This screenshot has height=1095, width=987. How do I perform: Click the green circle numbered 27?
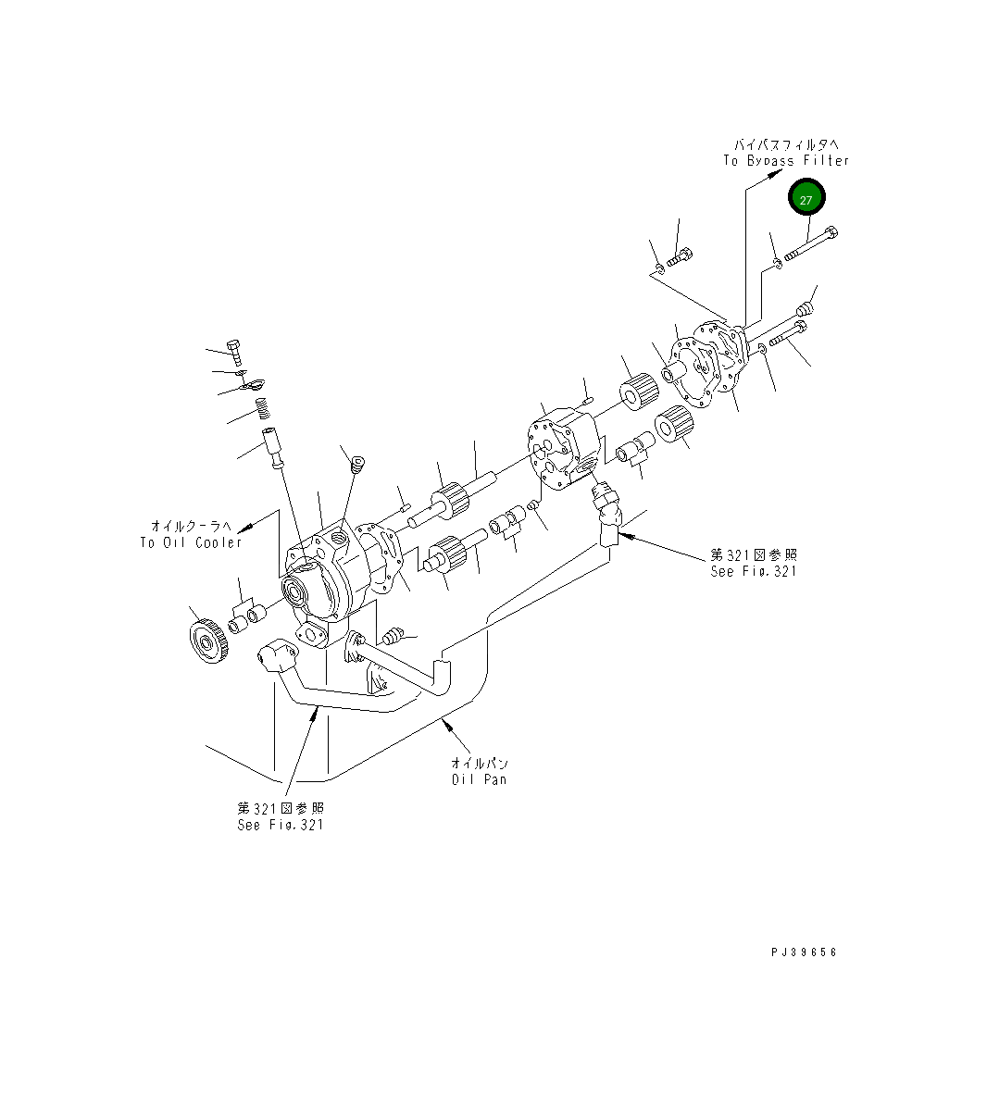coord(806,199)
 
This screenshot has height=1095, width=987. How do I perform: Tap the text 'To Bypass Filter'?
coord(785,161)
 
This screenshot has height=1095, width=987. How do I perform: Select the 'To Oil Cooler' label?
coord(191,542)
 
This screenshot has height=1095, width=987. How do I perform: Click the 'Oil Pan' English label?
coord(479,779)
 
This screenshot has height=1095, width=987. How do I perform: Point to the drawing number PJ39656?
coord(803,952)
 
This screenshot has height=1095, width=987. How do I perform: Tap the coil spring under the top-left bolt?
coord(263,407)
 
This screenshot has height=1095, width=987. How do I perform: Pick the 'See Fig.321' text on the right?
coord(753,571)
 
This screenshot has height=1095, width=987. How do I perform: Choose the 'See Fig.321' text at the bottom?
coord(281,825)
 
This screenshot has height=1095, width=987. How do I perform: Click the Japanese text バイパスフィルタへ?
coord(786,144)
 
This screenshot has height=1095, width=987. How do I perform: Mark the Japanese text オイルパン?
coord(479,764)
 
